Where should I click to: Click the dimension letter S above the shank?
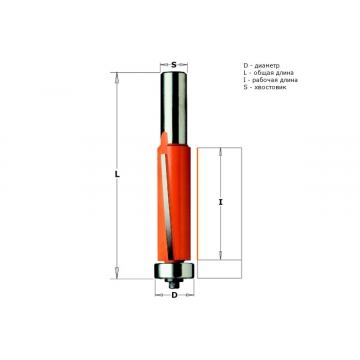174,65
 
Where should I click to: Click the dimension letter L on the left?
117,174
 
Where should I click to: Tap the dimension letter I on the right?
220,202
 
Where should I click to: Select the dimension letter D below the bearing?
174,295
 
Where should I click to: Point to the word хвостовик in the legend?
270,87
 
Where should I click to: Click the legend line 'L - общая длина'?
269,73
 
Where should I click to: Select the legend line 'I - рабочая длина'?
271,80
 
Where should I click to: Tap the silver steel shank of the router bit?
173,107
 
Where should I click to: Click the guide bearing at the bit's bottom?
174,270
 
